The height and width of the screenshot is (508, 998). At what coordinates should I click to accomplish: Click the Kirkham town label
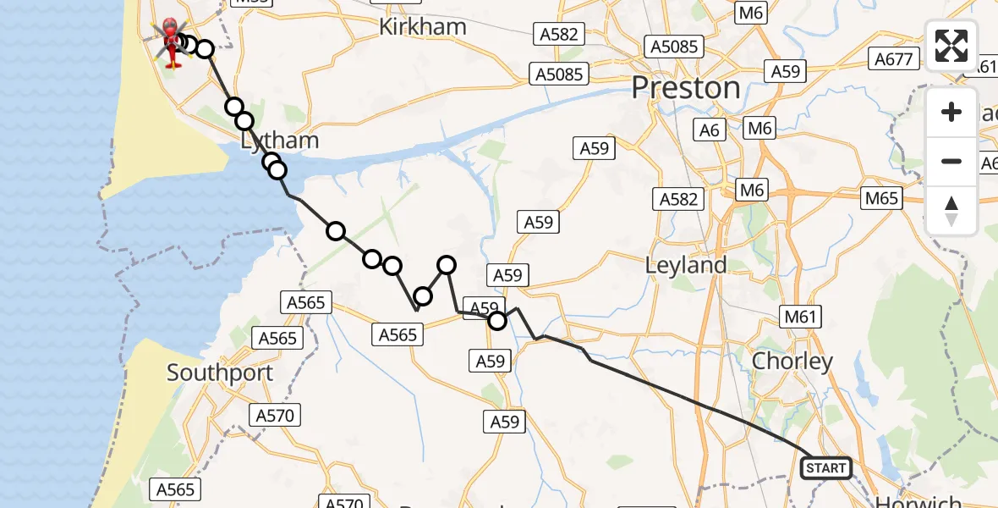[422, 27]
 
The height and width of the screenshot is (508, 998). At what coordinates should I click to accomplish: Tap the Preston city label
[686, 88]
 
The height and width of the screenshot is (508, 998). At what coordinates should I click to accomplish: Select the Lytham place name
[280, 141]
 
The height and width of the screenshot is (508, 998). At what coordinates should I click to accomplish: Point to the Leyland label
[685, 265]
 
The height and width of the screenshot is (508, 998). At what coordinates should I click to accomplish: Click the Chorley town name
[792, 362]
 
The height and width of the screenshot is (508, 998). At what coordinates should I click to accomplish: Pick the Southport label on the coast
[220, 373]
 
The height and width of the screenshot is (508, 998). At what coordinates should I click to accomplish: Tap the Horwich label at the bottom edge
[918, 502]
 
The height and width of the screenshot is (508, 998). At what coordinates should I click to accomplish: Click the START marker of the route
[825, 467]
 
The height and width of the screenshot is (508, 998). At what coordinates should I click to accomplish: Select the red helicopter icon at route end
[173, 42]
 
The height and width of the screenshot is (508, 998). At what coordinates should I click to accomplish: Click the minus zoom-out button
[951, 162]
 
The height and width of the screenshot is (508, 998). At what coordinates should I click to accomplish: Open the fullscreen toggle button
[951, 46]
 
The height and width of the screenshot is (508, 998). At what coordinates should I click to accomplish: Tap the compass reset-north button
[951, 211]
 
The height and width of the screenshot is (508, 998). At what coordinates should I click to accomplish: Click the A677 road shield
[893, 59]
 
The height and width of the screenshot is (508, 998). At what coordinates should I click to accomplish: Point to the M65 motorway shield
[880, 198]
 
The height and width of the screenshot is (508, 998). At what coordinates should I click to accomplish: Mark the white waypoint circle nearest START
[497, 320]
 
